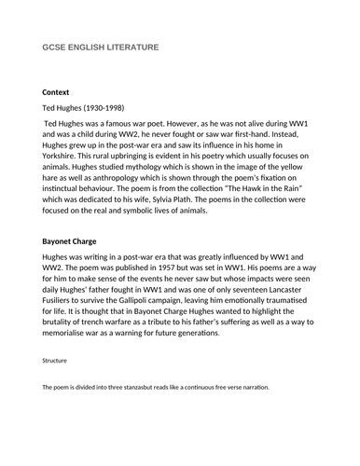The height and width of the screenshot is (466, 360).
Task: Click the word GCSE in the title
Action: tap(54, 48)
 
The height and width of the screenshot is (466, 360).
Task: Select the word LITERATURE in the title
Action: tap(132, 48)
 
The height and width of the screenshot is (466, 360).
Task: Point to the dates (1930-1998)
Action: tap(113, 110)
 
